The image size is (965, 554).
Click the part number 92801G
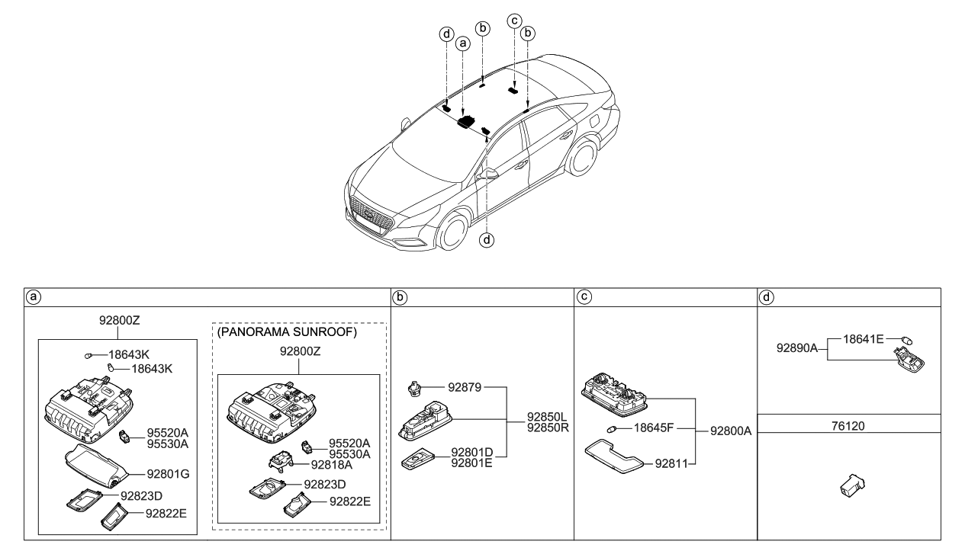point(162,474)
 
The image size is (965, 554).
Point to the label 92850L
point(546,417)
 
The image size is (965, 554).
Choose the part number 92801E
point(472,462)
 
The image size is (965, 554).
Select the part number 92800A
point(731,431)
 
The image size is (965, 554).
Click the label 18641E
point(863,339)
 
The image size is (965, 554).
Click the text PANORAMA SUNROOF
point(287,332)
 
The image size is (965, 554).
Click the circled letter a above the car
point(462,45)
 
